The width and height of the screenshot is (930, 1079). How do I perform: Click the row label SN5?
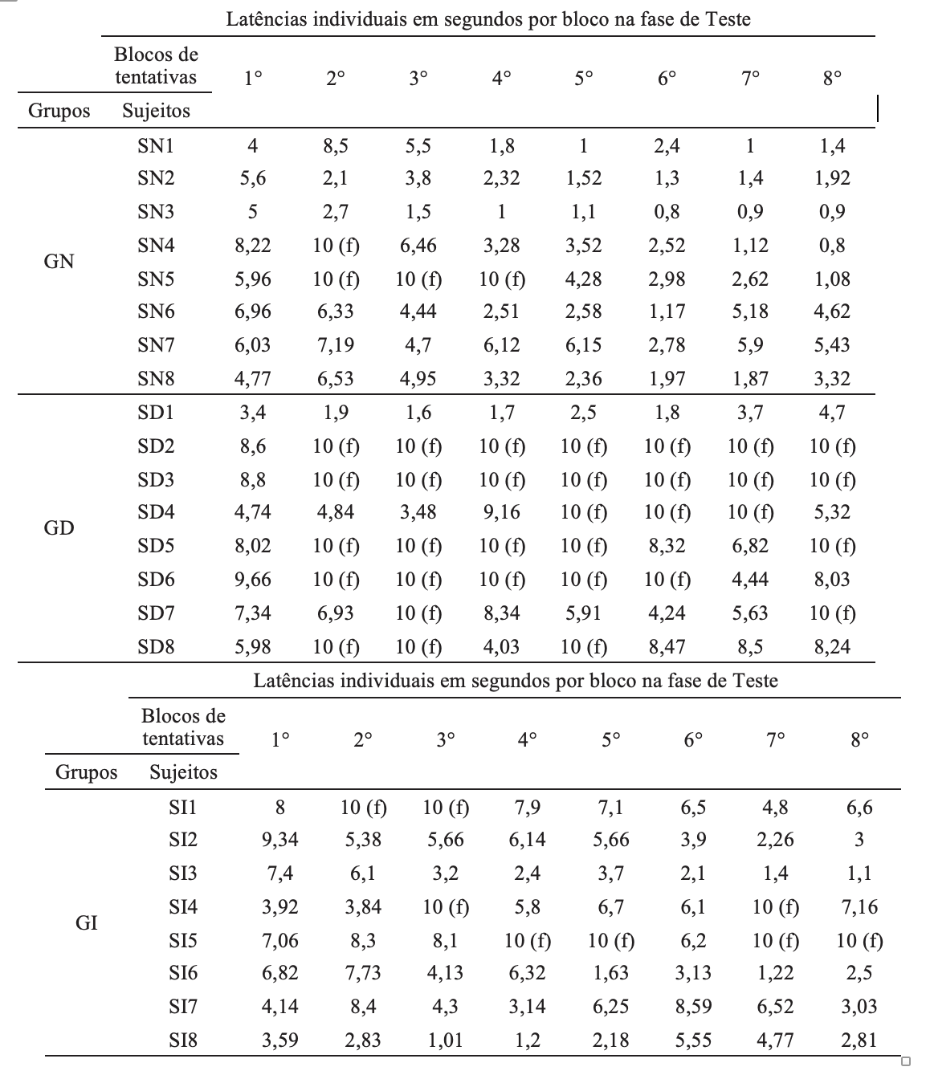coord(156,279)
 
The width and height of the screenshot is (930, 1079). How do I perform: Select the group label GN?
coord(59,261)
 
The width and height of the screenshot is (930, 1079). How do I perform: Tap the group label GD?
coord(59,527)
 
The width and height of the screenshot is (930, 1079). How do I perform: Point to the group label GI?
coord(86,922)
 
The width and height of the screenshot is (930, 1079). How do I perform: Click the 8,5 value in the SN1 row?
coord(336,146)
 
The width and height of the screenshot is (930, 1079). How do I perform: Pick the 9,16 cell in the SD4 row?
coord(501,512)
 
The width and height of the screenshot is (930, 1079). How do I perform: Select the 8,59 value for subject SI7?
coord(693,1007)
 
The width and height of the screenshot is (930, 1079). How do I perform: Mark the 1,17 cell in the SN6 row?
coord(667,311)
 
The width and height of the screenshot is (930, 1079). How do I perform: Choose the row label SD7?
coord(156,613)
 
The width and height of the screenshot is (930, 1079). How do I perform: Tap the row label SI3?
coord(183,873)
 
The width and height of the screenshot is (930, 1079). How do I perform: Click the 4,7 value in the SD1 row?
coord(832,413)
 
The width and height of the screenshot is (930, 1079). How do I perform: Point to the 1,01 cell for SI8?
coord(445,1040)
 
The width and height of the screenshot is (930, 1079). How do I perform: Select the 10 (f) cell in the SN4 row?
coord(336,246)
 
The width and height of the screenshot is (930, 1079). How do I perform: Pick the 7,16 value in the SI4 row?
coord(859,907)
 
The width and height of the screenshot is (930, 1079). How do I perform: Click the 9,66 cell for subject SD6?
coord(253,579)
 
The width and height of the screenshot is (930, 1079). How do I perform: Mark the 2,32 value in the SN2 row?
coord(501,178)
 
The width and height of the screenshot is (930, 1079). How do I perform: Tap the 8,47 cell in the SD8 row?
coord(667,646)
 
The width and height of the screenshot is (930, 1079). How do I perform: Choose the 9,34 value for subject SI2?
coord(280,840)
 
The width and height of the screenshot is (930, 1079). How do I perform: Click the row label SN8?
coord(156,378)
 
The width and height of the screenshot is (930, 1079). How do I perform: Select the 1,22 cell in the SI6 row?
coord(775,973)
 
